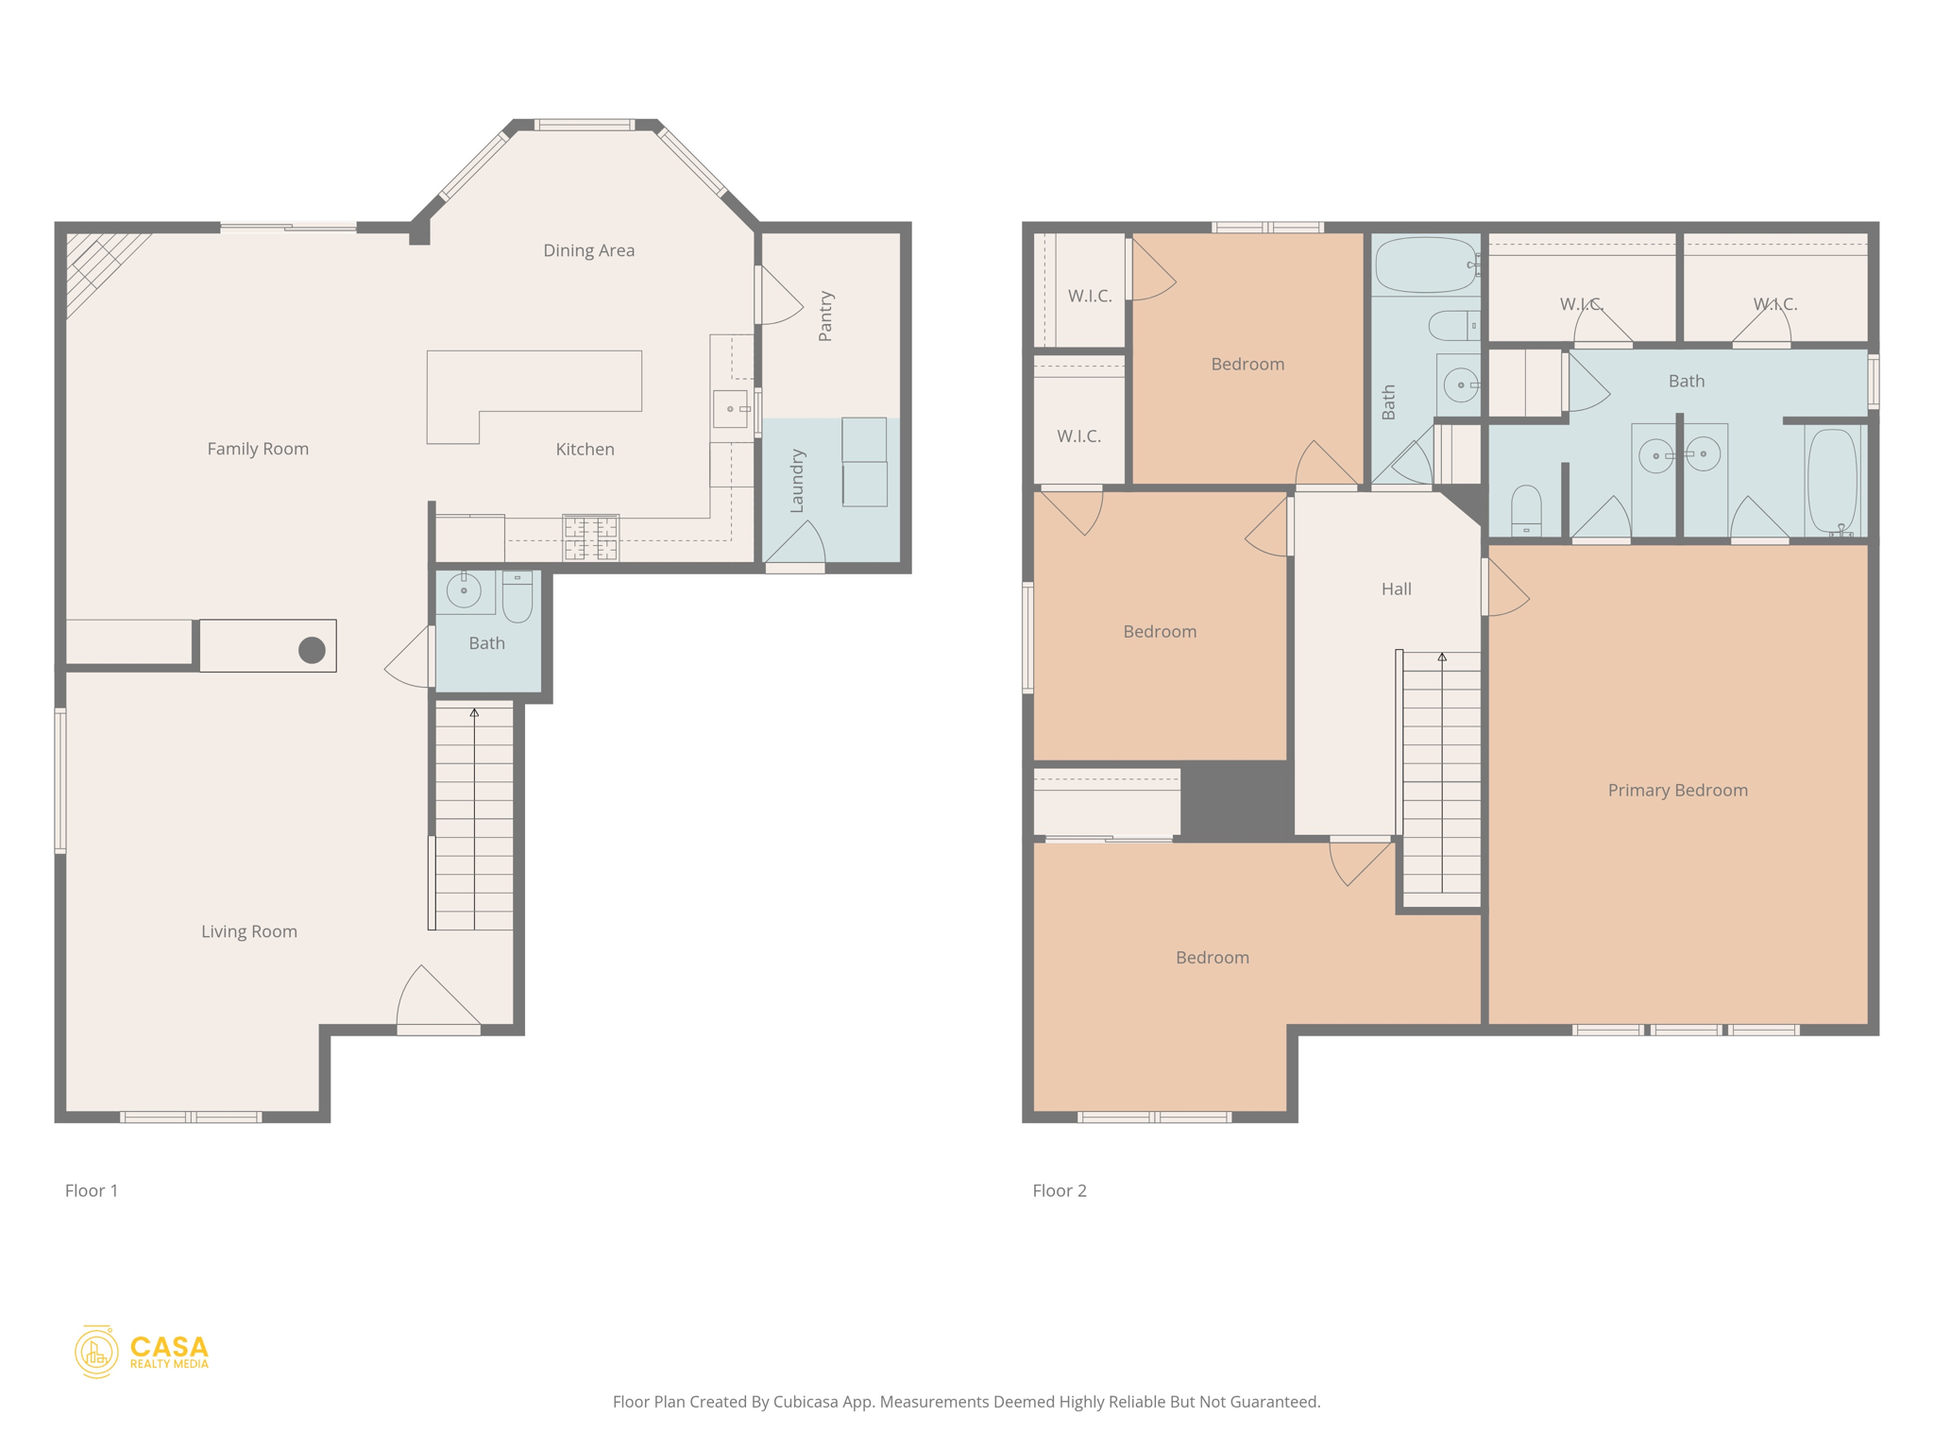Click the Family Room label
tap(258, 449)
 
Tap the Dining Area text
tap(588, 250)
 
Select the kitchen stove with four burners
tap(590, 538)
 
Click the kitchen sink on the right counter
tap(730, 409)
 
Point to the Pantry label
tap(825, 316)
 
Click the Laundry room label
tap(797, 481)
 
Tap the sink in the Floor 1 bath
tap(464, 590)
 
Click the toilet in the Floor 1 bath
tap(517, 595)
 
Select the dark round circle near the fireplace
tap(312, 650)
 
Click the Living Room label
tap(249, 931)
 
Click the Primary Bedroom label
tap(1677, 790)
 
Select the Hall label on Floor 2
tap(1396, 589)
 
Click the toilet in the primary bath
tap(1526, 510)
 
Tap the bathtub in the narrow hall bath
tap(1426, 265)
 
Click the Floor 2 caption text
tap(1059, 1190)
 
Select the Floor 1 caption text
tap(92, 1190)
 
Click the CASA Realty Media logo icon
tap(96, 1352)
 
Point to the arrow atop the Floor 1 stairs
tap(474, 713)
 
